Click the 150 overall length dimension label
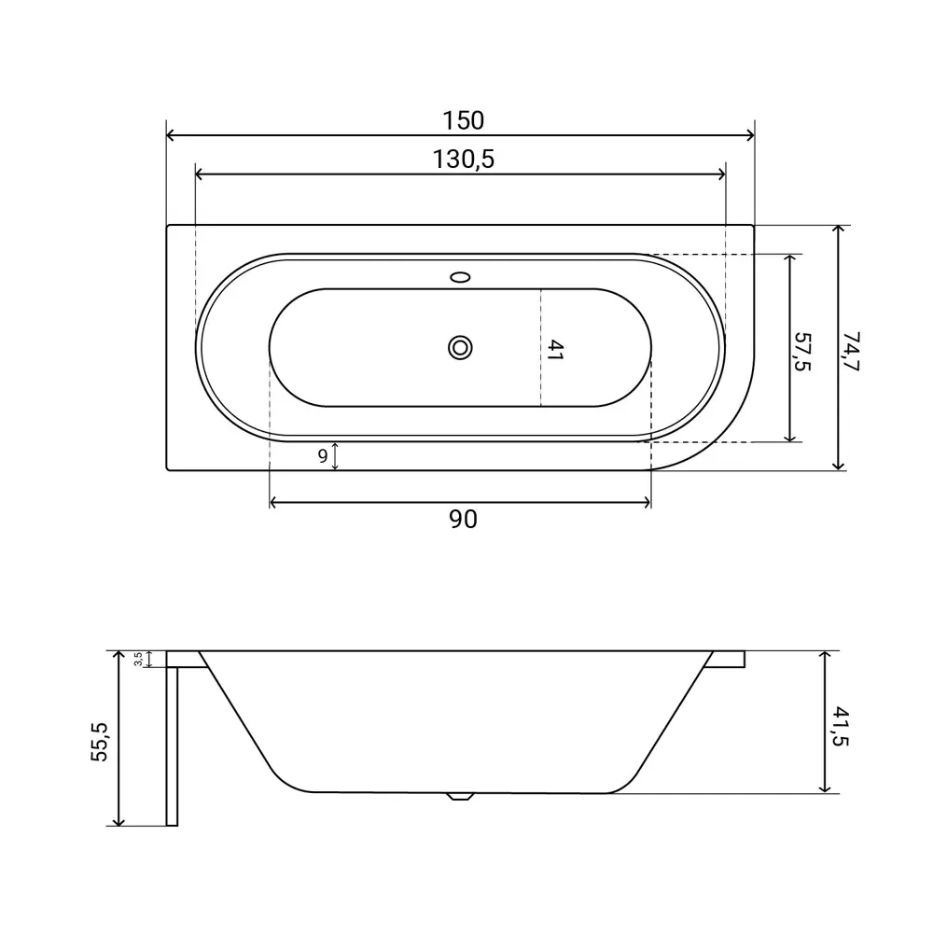(x=463, y=120)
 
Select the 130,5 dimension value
(x=463, y=160)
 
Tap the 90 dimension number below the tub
(x=463, y=520)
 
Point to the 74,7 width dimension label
(x=851, y=352)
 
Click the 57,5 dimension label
(x=802, y=352)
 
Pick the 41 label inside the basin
(x=554, y=350)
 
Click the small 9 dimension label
(x=323, y=456)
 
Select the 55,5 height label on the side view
(x=100, y=742)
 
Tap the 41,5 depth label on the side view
(x=841, y=726)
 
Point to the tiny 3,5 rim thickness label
(x=138, y=659)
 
